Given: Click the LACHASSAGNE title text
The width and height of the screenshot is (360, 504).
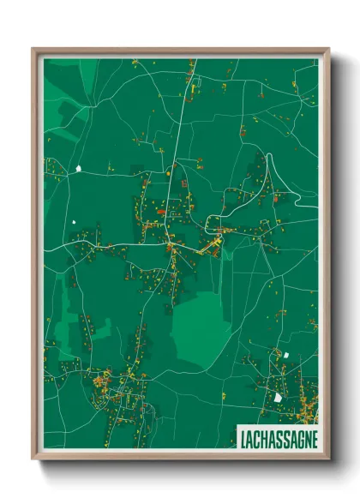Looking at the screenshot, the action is (275, 439).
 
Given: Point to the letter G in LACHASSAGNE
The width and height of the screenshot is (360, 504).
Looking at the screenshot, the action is (292, 439).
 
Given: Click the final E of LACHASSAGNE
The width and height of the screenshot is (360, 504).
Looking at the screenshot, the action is (313, 439).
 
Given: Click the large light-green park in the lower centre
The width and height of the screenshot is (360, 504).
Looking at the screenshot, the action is (201, 330).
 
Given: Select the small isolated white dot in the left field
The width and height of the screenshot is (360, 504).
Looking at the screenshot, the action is (75, 222).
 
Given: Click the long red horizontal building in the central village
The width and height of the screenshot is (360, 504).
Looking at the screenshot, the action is (160, 209).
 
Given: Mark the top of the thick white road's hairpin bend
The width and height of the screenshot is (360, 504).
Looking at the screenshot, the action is (273, 155).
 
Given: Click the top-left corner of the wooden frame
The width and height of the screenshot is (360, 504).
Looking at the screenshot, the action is (33, 49).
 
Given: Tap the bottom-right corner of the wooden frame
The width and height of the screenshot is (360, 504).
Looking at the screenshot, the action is (328, 459).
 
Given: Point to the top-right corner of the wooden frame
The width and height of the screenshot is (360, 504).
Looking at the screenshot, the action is (328, 49).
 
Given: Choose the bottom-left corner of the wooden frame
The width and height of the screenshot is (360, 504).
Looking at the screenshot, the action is (33, 459).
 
